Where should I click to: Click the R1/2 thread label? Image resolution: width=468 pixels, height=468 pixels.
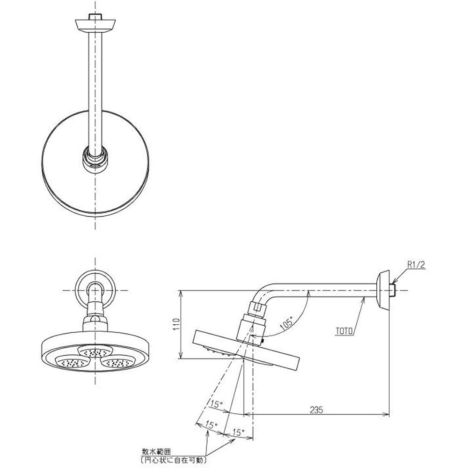(x=416, y=265)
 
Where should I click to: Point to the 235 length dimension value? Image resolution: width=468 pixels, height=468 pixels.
(x=317, y=409)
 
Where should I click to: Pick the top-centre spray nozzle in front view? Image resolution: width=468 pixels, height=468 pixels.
(x=95, y=351)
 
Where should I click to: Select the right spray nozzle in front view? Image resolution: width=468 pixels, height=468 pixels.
(x=117, y=362)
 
